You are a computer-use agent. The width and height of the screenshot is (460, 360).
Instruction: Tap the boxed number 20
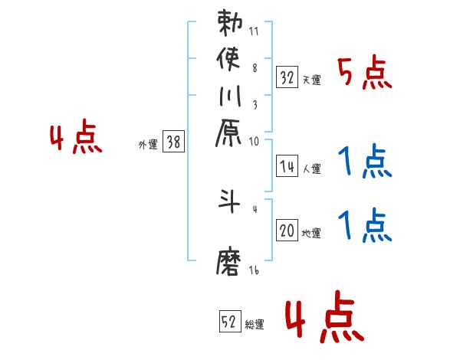pyautogui.click(x=287, y=231)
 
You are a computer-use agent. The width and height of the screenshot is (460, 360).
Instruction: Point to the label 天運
pyautogui.click(x=311, y=80)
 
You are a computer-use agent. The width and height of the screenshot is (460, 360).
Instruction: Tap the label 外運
pyautogui.click(x=148, y=143)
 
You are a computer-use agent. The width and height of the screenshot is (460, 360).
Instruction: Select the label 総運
pyautogui.click(x=254, y=324)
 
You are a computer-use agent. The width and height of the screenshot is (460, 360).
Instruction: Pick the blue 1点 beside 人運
pyautogui.click(x=365, y=161)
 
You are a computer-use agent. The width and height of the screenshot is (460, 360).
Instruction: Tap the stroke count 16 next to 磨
pyautogui.click(x=255, y=270)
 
